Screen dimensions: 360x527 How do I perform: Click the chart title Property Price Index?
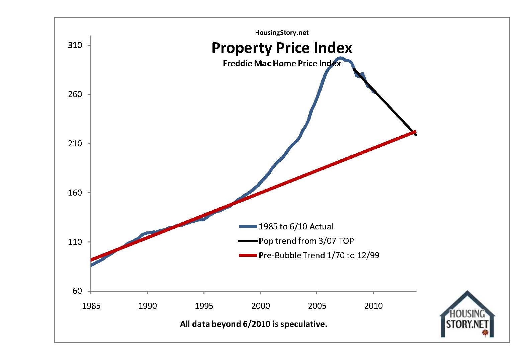(282, 48)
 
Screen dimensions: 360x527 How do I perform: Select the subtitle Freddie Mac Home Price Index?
(282, 64)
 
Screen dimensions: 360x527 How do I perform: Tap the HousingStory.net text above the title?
(282, 32)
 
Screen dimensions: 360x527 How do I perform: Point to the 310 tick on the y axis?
(75, 45)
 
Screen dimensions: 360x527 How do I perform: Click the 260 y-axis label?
(75, 94)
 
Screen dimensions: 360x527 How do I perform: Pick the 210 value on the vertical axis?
(75, 144)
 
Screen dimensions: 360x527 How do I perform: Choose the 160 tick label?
(75, 193)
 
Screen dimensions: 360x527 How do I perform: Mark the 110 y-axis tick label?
(75, 242)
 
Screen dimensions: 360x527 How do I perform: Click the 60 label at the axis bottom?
(77, 291)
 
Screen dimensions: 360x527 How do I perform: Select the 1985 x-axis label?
(91, 306)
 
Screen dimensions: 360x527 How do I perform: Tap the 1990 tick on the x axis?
(148, 306)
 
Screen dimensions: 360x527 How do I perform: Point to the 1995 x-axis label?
(204, 306)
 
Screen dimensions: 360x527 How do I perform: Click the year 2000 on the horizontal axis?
(260, 306)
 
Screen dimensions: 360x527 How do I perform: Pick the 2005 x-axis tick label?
(317, 306)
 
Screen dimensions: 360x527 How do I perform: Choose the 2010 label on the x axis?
(373, 306)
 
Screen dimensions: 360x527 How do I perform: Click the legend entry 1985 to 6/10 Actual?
(296, 227)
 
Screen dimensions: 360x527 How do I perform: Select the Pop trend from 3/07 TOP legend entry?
(306, 241)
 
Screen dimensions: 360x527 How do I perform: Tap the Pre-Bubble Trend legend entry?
(319, 256)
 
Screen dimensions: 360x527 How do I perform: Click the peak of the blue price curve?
(340, 58)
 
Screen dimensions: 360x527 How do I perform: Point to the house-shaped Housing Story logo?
(467, 315)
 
